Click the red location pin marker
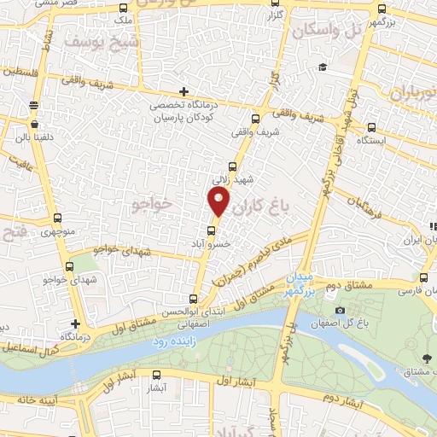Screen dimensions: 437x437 click(219, 201)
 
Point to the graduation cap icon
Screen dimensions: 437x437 click(323, 68)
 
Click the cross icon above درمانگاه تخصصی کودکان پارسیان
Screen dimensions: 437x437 click(184, 91)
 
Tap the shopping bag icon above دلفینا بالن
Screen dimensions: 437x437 click(34, 105)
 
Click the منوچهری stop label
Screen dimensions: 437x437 click(57, 232)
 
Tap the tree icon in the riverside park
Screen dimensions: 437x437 click(426, 356)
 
